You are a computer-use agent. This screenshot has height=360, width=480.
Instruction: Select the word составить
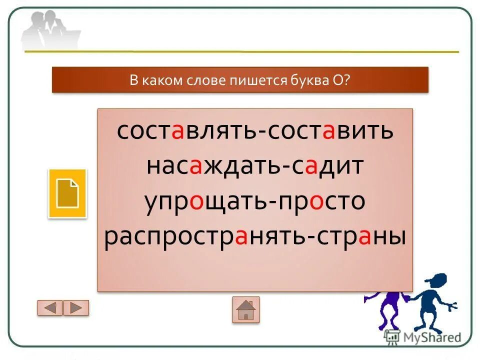pos(330,131)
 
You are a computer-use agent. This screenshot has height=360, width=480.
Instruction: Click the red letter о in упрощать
pos(196,202)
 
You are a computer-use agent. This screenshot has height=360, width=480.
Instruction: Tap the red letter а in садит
pos(310,166)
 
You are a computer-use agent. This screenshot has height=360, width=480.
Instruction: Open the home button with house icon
pos(245,309)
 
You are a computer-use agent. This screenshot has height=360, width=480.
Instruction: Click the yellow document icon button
pos(67,193)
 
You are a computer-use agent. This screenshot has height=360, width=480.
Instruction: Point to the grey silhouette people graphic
pos(50,30)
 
